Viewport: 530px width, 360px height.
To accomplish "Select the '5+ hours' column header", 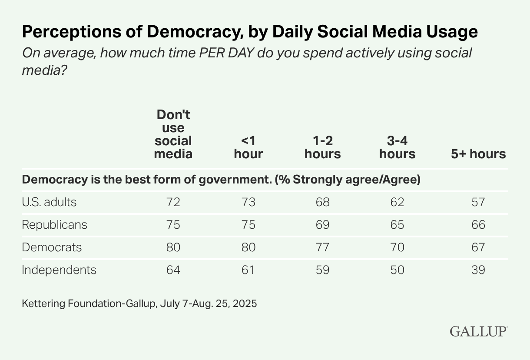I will pos(478,154).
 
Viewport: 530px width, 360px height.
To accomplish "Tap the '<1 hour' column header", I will pos(248,147).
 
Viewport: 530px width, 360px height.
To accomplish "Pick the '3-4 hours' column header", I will pos(397,147).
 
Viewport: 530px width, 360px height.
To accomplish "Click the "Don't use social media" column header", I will pos(173,134).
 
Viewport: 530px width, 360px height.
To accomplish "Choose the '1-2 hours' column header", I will pos(323,147).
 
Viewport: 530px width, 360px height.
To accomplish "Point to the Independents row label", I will pos(59,270).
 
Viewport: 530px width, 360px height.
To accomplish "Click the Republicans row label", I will pos(54,225).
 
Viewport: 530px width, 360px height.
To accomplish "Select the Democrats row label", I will pos(52,247).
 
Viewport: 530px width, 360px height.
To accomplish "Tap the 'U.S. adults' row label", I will pos(49,202).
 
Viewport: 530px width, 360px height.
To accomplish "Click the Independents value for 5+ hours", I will pos(478,270).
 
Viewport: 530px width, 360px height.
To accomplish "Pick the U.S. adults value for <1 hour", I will pos(248,202).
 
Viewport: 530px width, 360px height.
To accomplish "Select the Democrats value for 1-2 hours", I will pos(323,247).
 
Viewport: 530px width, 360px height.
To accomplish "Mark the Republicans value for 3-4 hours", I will pos(397,225).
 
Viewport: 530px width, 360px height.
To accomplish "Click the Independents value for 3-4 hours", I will pos(397,270).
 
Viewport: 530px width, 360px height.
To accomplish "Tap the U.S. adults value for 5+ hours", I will pos(478,202).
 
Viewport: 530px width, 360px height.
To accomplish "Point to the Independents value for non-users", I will pos(173,270).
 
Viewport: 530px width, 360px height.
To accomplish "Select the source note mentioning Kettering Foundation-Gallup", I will pos(139,303).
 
